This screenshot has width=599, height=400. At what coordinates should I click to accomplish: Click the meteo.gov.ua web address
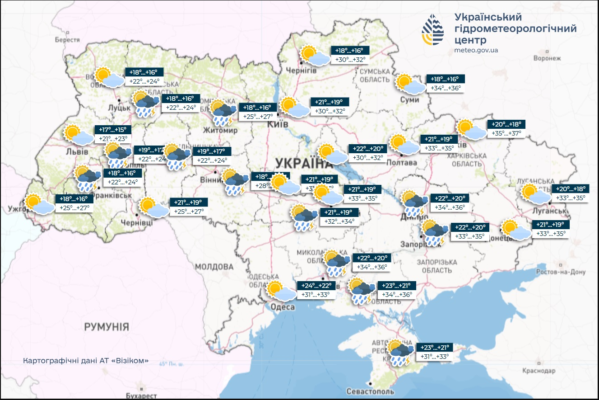(476, 50)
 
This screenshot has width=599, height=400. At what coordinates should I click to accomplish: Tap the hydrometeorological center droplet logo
(433, 30)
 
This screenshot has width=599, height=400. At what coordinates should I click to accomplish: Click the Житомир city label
(220, 130)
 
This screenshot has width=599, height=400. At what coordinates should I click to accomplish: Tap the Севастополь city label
(370, 391)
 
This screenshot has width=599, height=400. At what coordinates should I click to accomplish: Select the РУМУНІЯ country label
(107, 326)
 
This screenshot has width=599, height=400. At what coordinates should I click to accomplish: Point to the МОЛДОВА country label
(214, 267)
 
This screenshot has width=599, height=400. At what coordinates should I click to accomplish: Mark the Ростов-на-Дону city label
(561, 272)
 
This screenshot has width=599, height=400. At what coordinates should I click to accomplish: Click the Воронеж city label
(547, 58)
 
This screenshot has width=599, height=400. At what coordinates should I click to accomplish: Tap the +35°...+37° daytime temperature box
(507, 133)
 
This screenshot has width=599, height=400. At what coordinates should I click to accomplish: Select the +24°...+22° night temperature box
(317, 286)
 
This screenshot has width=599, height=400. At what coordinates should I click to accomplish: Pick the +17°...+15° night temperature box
(115, 130)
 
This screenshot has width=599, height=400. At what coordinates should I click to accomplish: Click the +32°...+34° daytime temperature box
(341, 221)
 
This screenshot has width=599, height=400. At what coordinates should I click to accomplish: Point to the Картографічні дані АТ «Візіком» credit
(85, 361)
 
